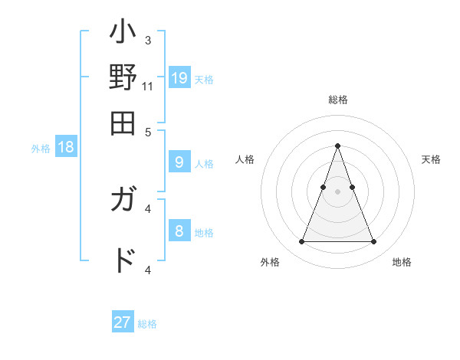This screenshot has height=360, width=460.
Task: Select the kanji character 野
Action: click(123, 79)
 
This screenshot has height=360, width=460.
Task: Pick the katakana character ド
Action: click(123, 259)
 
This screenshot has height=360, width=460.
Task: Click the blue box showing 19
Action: click(179, 77)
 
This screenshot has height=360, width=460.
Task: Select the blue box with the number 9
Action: click(179, 162)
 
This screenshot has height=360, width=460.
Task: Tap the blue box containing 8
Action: click(179, 231)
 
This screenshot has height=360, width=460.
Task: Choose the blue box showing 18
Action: click(66, 147)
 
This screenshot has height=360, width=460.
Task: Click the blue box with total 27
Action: click(123, 322)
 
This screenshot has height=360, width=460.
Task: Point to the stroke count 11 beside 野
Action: click(148, 87)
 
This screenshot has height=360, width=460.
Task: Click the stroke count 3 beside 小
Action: click(148, 39)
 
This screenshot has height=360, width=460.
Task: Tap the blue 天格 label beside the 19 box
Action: click(204, 79)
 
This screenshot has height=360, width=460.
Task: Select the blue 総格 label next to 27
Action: click(147, 324)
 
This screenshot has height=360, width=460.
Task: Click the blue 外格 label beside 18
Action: click(41, 149)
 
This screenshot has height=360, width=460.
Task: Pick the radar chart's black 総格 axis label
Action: click(337, 100)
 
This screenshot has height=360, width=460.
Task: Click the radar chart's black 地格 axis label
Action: click(402, 262)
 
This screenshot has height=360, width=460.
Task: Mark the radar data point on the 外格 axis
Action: click(301, 242)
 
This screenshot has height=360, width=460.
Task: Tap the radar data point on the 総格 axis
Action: click(337, 146)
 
